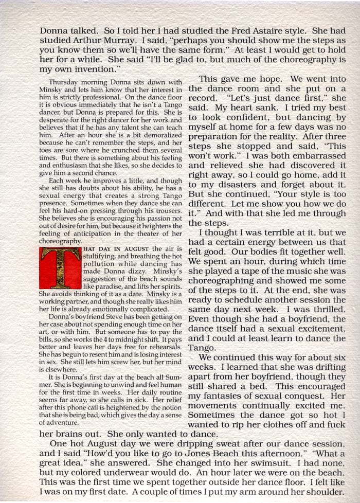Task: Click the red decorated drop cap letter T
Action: point(60,267)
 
